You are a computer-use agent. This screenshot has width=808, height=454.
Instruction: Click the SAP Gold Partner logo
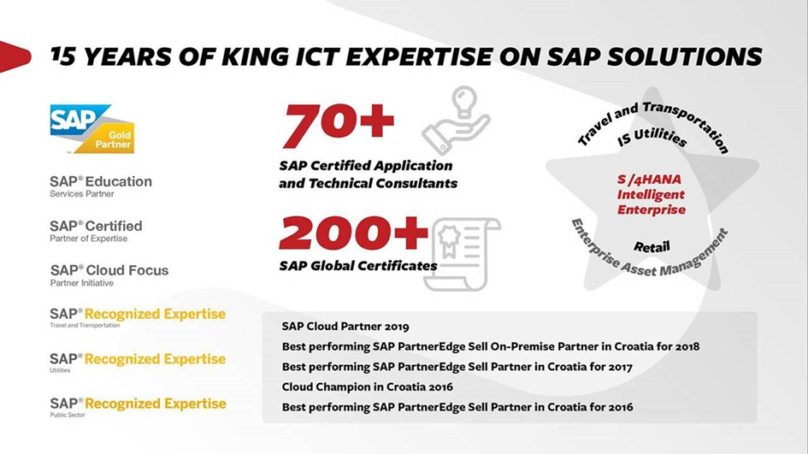pyautogui.click(x=91, y=129)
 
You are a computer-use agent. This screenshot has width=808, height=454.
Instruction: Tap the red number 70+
pyautogui.click(x=339, y=125)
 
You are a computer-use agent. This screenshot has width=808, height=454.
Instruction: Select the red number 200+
pyautogui.click(x=353, y=233)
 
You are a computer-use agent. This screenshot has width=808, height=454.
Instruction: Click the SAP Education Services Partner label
pyautogui.click(x=101, y=186)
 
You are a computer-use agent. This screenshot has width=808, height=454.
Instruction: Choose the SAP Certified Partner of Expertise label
pyautogui.click(x=96, y=230)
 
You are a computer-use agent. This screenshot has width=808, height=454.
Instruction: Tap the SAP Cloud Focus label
pyautogui.click(x=109, y=274)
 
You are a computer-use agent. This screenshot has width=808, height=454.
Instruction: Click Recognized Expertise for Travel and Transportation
pyautogui.click(x=138, y=317)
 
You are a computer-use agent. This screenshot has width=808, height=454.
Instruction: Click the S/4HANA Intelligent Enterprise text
pyautogui.click(x=651, y=195)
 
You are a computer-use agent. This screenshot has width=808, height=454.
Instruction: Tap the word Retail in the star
pyautogui.click(x=652, y=247)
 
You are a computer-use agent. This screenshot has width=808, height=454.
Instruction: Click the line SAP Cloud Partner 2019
pyautogui.click(x=345, y=327)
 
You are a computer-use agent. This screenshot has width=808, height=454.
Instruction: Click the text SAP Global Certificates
pyautogui.click(x=358, y=266)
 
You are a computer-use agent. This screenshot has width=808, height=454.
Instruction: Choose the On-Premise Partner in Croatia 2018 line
pyautogui.click(x=491, y=346)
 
